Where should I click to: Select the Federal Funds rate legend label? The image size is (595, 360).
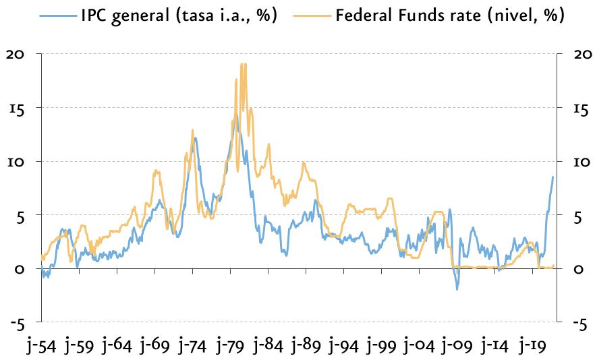[x=450, y=16]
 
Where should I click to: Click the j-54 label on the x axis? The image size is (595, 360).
[x=41, y=346]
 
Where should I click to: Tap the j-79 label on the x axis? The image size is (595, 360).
[x=230, y=346]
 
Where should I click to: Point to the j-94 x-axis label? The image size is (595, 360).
[x=344, y=346]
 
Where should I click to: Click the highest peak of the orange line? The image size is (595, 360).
[x=242, y=64]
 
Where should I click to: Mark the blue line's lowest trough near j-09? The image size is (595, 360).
[x=457, y=290]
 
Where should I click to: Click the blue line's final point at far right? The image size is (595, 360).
[x=553, y=177]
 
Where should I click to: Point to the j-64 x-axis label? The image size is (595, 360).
[x=117, y=346]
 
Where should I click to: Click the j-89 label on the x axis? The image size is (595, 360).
[x=306, y=346]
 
